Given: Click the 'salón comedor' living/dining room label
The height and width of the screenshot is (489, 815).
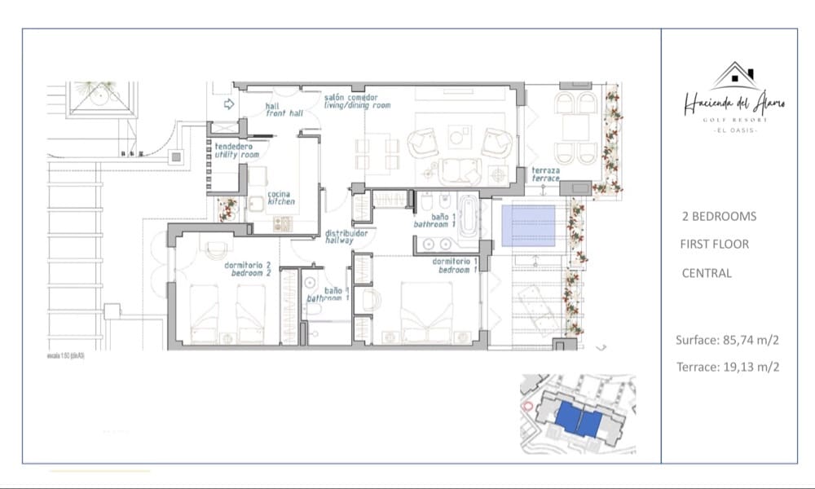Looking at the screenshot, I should pyautogui.click(x=357, y=101).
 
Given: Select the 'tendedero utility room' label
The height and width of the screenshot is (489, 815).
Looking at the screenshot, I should pyautogui.click(x=236, y=150).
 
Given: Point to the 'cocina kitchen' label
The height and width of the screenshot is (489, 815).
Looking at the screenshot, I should pyautogui.click(x=280, y=198).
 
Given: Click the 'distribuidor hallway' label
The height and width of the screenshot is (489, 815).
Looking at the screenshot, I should pyautogui.click(x=346, y=237).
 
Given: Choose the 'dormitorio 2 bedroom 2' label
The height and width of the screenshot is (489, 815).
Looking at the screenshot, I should pyautogui.click(x=247, y=269).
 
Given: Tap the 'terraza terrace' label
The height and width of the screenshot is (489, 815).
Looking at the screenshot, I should pyautogui.click(x=545, y=174).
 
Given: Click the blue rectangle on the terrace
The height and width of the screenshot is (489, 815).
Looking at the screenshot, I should pyautogui.click(x=528, y=226).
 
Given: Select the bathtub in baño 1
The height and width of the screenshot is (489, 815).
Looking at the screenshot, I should pyautogui.click(x=469, y=218).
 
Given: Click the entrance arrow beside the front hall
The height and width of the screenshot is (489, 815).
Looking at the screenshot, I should pyautogui.click(x=229, y=104).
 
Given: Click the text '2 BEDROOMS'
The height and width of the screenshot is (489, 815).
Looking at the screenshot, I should pyautogui.click(x=719, y=216).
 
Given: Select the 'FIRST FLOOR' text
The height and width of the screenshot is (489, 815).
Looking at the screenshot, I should pyautogui.click(x=714, y=244).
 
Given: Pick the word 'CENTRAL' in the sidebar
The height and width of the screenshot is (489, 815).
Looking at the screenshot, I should pyautogui.click(x=707, y=273).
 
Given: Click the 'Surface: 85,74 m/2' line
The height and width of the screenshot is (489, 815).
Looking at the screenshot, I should pyautogui.click(x=727, y=341).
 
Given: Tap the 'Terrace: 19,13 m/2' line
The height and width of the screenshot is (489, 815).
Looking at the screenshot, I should pyautogui.click(x=728, y=367).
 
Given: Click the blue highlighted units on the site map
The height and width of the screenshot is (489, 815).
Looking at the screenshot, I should pyautogui.click(x=579, y=421).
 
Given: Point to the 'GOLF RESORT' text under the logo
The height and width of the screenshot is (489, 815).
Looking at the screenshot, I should pyautogui.click(x=735, y=119).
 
